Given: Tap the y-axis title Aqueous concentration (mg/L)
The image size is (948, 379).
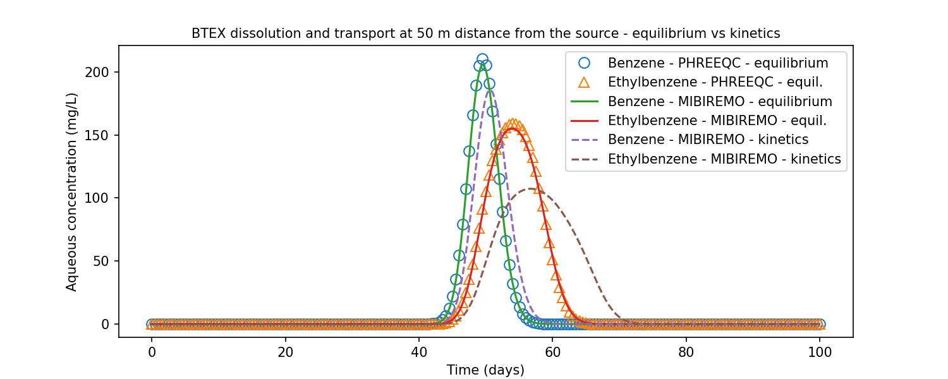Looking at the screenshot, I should pos(72,191).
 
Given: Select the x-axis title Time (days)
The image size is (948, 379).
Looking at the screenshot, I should pos(485,370).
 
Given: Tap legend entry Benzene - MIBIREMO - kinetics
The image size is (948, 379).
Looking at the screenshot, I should pos(708,140).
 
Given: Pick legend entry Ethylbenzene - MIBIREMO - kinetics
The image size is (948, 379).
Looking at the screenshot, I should pos(724,159).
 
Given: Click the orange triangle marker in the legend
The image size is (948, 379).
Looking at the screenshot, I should pos(584,82).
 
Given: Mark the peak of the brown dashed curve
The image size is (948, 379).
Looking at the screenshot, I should pos(533,189).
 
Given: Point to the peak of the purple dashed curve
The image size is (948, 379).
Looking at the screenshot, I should pos(489,89).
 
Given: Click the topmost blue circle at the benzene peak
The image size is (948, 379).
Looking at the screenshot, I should pos(482,59).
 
